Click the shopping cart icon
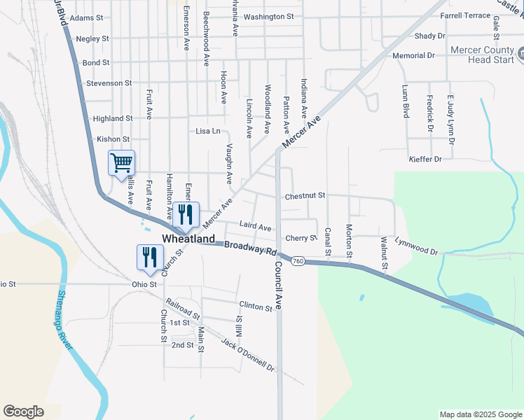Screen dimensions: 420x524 click(121, 163)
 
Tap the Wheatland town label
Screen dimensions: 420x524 click(188, 239)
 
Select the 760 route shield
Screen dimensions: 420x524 click(298, 261)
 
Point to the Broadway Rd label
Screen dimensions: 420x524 click(251, 248)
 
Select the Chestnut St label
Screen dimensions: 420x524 click(305, 197)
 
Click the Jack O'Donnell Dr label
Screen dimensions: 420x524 click(248, 354)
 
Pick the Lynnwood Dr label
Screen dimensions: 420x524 click(416, 246)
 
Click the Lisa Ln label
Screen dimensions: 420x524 click(208, 131)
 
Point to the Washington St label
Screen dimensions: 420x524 click(270, 16)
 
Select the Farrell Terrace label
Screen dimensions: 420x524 click(466, 15)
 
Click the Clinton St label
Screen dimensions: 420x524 click(255, 307)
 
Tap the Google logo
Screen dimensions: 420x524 click(23, 412)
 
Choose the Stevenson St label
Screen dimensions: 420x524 click(109, 83)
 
